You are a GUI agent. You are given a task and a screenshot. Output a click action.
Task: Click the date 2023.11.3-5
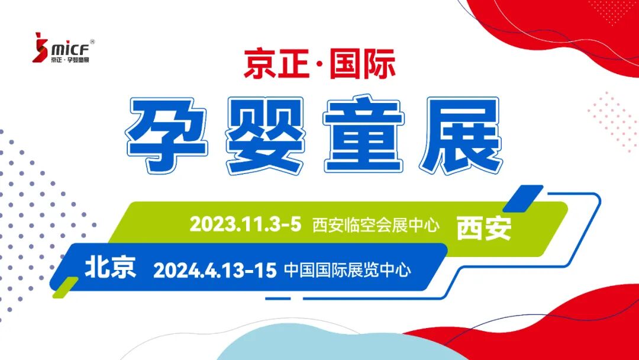(246, 224)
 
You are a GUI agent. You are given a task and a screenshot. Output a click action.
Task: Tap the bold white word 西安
(483, 227)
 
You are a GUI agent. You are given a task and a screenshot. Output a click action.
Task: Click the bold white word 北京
(111, 268)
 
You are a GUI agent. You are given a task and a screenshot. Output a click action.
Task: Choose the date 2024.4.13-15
(215, 271)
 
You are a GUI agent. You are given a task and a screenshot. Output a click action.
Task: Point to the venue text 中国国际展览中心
(347, 271)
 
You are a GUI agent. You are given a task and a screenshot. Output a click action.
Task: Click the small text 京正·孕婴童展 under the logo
(73, 59)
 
